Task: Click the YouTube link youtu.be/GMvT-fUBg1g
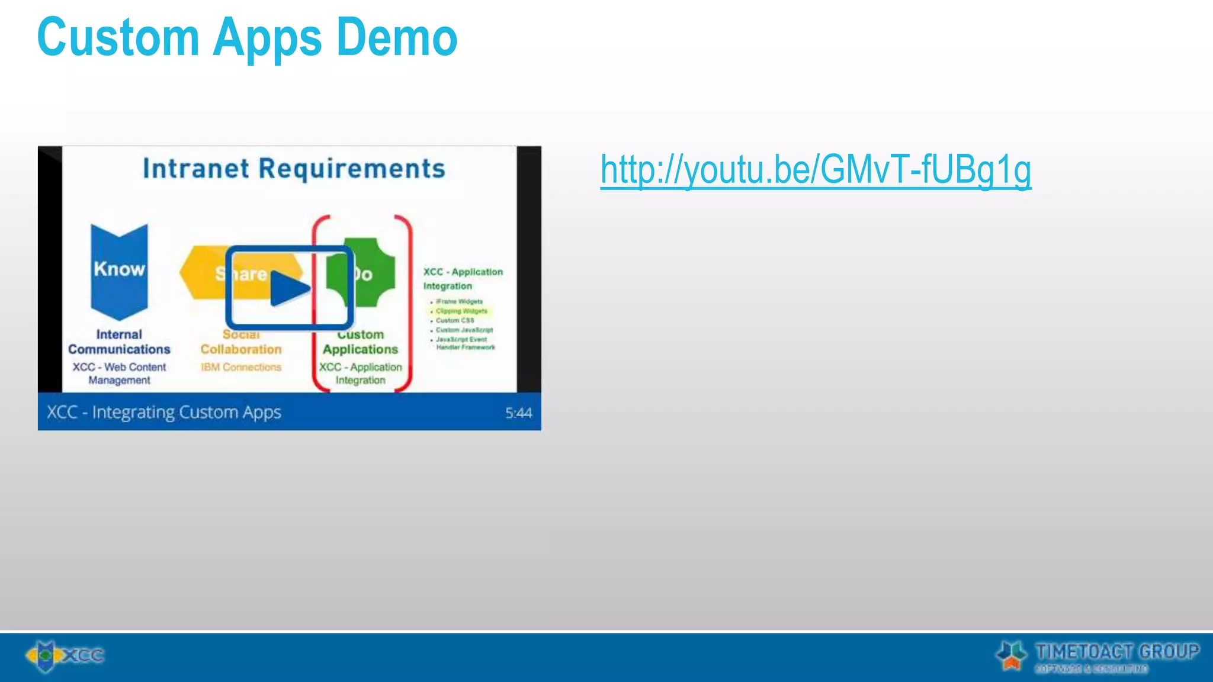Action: pyautogui.click(x=816, y=170)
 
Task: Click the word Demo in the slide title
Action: pyautogui.click(x=397, y=38)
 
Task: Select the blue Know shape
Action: pyautogui.click(x=119, y=270)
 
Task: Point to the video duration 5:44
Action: pyautogui.click(x=518, y=413)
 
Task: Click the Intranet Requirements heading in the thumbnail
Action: pyautogui.click(x=294, y=169)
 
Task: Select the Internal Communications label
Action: pyautogui.click(x=119, y=342)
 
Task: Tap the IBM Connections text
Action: pyautogui.click(x=241, y=367)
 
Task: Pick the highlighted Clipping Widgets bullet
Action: pyautogui.click(x=461, y=311)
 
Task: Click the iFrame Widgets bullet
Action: pyautogui.click(x=459, y=301)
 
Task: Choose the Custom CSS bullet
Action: pyautogui.click(x=455, y=320)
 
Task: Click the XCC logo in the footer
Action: pyautogui.click(x=65, y=655)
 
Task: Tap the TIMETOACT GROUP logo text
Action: pyautogui.click(x=1116, y=652)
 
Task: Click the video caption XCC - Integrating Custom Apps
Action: pyautogui.click(x=164, y=412)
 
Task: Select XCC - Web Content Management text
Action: pyautogui.click(x=119, y=374)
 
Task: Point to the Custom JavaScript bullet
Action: pyautogui.click(x=464, y=330)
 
